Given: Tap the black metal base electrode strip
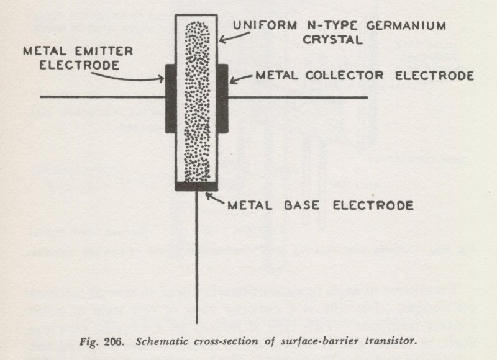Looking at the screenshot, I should point(196,186).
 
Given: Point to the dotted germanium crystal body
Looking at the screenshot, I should point(196,99).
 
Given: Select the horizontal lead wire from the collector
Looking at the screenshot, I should point(298,97).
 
